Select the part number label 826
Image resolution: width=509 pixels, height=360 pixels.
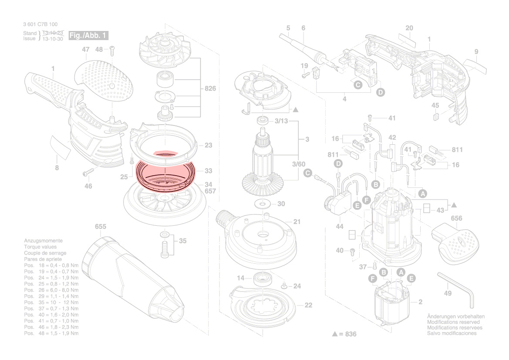pos(210,89)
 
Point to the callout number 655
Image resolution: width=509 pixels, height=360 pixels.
pos(101,227)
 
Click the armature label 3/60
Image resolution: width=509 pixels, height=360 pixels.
pos(299,164)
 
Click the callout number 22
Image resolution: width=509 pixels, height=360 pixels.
pos(308,305)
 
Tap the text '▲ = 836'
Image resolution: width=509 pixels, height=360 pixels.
pos(344,334)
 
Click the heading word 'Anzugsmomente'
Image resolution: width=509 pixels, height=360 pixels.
pos(43,241)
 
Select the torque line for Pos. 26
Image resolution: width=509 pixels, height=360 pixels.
pos(51,290)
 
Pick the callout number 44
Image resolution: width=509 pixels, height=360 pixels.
pos(340,227)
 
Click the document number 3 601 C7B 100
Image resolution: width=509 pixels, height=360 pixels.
pos(40,24)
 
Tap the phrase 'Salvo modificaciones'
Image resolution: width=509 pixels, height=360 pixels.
pos(452,333)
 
